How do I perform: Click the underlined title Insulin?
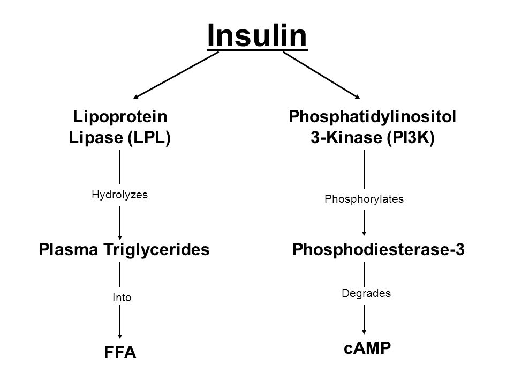(x=257, y=36)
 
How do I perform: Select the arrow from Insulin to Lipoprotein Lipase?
(x=176, y=75)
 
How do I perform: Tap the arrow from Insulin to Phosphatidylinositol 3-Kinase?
(x=322, y=75)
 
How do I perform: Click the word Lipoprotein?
(x=120, y=116)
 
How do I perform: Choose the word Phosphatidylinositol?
(x=373, y=116)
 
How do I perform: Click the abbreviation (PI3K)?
(x=411, y=137)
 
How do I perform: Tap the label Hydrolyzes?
(x=119, y=195)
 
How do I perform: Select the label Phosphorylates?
(x=364, y=199)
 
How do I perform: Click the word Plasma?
(x=68, y=249)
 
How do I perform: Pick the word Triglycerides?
(x=157, y=249)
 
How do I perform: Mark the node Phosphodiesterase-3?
(x=379, y=249)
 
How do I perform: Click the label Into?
(x=122, y=298)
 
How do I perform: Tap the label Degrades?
(x=366, y=293)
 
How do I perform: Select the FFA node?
(x=120, y=352)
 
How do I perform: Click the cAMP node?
(x=367, y=348)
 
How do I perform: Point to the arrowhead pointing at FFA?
(x=120, y=336)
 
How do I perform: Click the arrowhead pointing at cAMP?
(x=364, y=332)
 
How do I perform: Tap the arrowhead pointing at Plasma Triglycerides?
(x=120, y=237)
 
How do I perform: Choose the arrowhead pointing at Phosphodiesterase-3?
(x=364, y=233)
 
